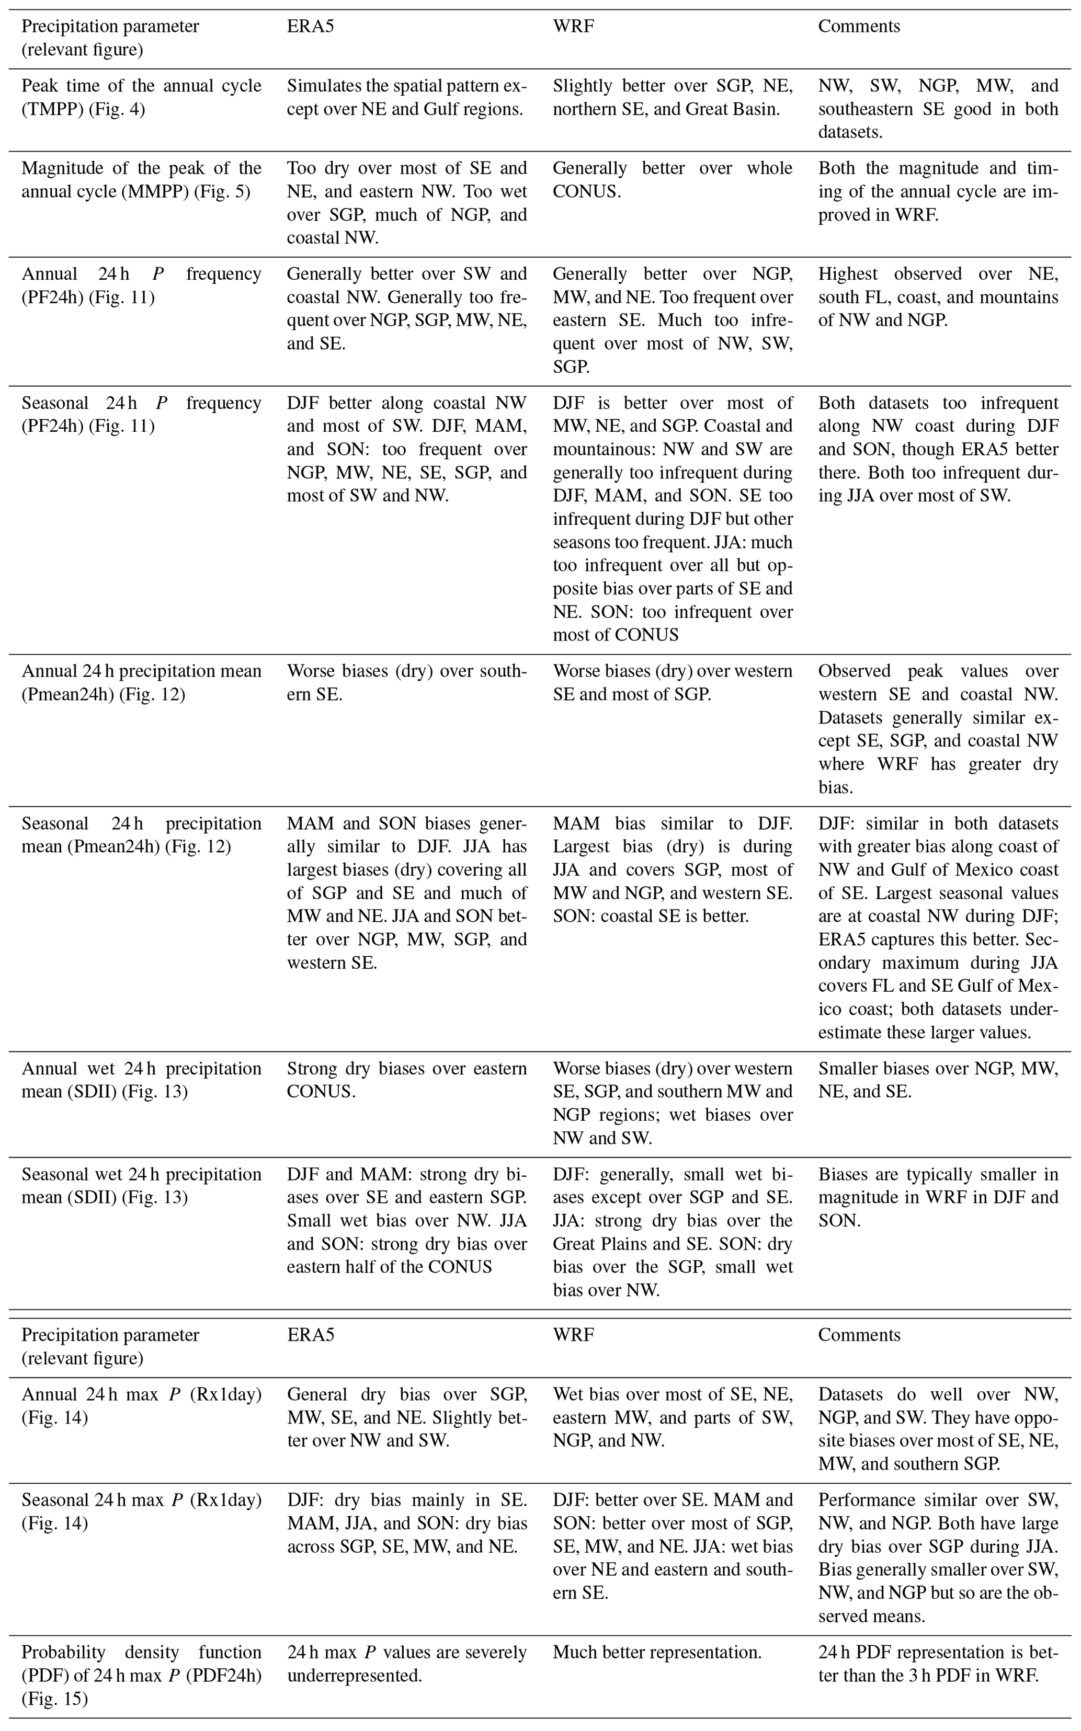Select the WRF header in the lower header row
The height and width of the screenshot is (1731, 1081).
click(x=573, y=1335)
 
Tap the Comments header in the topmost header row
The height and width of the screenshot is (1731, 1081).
click(x=859, y=27)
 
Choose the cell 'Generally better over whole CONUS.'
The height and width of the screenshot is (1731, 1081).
click(x=672, y=179)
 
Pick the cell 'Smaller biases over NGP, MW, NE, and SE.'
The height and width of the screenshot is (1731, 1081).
click(x=937, y=1080)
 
